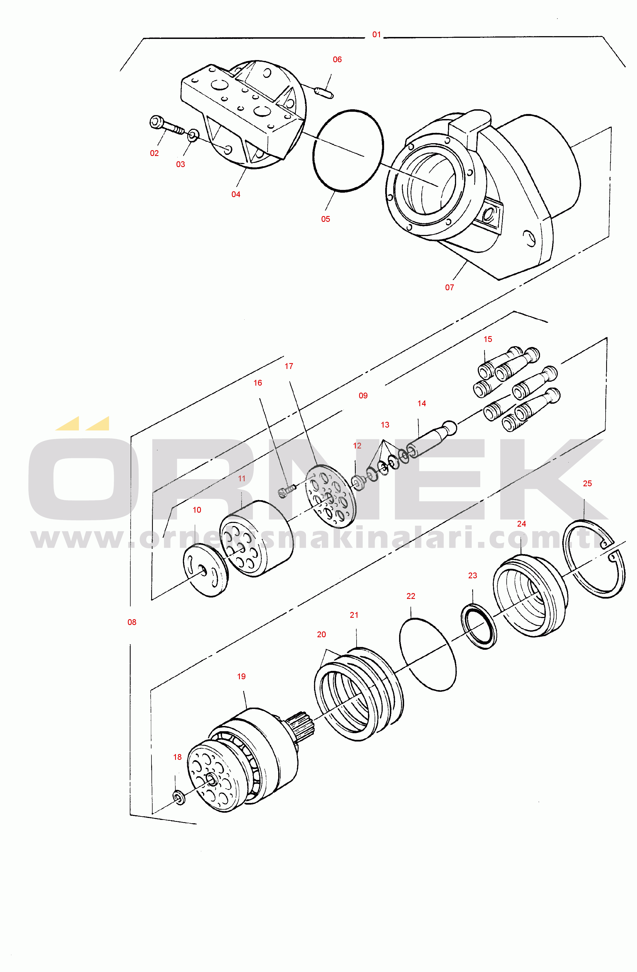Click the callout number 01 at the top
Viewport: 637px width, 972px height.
(377, 35)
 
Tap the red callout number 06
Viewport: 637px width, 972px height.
(337, 59)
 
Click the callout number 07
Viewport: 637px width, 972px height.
(450, 287)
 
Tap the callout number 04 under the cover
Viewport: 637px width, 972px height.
(236, 194)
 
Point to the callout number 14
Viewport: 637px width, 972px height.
(422, 403)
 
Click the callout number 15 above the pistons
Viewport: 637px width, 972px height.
(488, 339)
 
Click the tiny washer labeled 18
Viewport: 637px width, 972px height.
(178, 798)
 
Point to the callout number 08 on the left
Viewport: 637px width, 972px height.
(132, 623)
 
